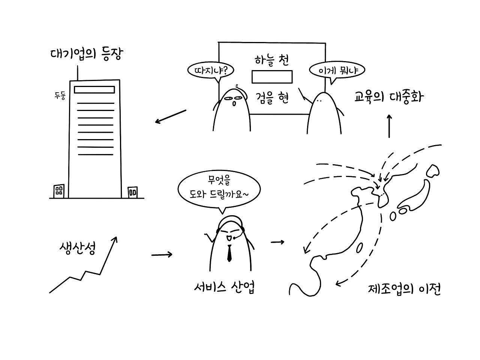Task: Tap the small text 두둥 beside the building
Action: click(x=59, y=96)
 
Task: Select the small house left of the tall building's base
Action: click(x=59, y=190)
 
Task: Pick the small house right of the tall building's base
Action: click(x=132, y=192)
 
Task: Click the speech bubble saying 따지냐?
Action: click(x=209, y=70)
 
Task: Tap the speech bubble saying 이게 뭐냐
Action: click(x=336, y=70)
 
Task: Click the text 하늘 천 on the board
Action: click(x=271, y=60)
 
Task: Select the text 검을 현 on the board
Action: click(x=272, y=98)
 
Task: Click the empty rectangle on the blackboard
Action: click(x=272, y=76)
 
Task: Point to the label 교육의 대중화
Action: click(x=389, y=97)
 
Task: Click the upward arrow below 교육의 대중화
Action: click(x=389, y=126)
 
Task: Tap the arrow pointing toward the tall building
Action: click(x=171, y=117)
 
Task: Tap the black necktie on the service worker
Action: click(x=229, y=253)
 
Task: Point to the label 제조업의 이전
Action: click(x=404, y=289)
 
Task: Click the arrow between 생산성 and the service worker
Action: click(x=162, y=255)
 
